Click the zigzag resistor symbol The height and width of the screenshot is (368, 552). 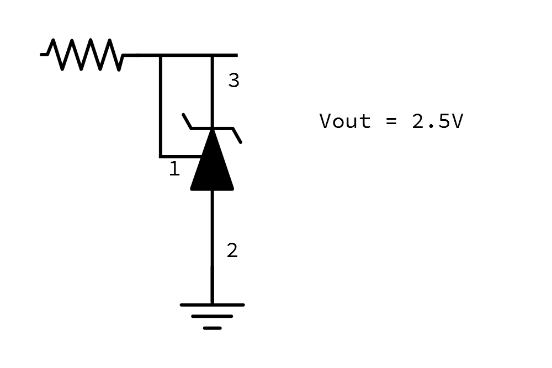pyautogui.click(x=83, y=55)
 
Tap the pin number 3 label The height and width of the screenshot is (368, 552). pyautogui.click(x=233, y=81)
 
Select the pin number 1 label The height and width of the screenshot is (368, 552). pyautogui.click(x=174, y=169)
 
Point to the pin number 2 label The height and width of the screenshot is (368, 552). pyautogui.click(x=232, y=250)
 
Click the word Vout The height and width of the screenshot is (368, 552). pyautogui.click(x=345, y=121)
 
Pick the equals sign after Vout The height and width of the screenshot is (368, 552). pyautogui.click(x=391, y=121)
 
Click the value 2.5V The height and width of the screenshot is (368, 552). pyautogui.click(x=437, y=121)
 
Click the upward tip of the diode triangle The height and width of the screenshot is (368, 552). pyautogui.click(x=212, y=132)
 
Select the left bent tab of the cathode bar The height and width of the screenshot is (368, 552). pyautogui.click(x=188, y=121)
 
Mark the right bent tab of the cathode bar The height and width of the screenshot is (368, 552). pyautogui.click(x=237, y=135)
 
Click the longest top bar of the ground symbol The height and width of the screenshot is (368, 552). pyautogui.click(x=212, y=305)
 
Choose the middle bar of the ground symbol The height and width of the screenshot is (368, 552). pyautogui.click(x=212, y=317)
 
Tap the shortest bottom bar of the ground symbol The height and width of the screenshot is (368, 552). pyautogui.click(x=212, y=328)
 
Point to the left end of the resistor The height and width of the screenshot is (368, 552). pyautogui.click(x=43, y=55)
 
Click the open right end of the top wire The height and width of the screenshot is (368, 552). pyautogui.click(x=236, y=55)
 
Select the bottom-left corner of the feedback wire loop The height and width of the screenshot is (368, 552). pyautogui.click(x=161, y=156)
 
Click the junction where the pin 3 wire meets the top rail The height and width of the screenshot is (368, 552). pyautogui.click(x=212, y=56)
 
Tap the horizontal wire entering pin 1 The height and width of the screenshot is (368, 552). pyautogui.click(x=179, y=156)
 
